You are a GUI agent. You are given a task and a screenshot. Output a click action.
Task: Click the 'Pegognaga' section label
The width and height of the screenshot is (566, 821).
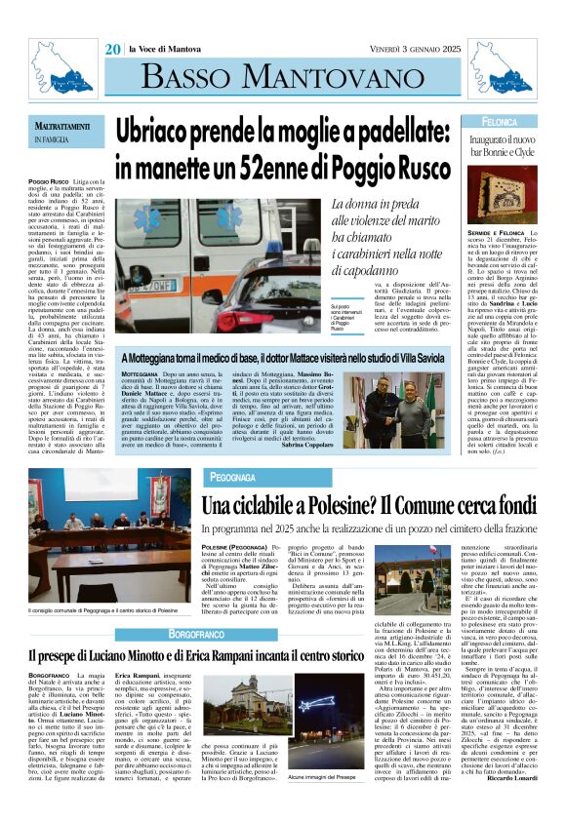[x=231, y=478]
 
